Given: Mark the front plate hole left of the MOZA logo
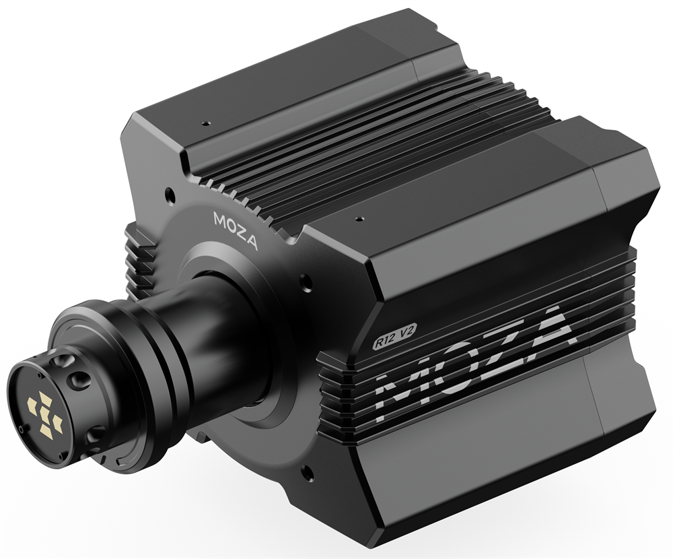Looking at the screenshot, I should [170, 197].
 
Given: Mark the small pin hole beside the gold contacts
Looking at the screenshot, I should [22, 427].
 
